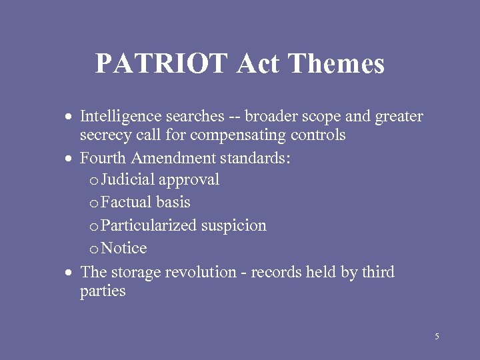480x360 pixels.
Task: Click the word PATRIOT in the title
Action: [162, 64]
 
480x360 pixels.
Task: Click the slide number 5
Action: [437, 337]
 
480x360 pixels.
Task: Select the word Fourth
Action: [103, 159]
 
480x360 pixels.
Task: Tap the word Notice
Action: [124, 249]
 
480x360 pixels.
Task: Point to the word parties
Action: [103, 291]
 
